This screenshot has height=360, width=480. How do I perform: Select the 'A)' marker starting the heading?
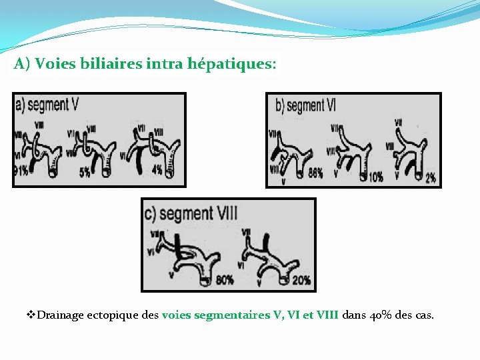[22, 65]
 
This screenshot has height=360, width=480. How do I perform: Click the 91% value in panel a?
[21, 171]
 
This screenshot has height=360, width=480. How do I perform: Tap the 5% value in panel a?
[85, 172]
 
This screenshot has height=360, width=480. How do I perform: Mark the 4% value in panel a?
[157, 170]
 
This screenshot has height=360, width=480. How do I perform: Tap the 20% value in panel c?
[300, 280]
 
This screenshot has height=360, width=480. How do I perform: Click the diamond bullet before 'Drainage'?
[31, 314]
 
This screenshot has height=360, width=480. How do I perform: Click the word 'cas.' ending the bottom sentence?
[424, 315]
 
